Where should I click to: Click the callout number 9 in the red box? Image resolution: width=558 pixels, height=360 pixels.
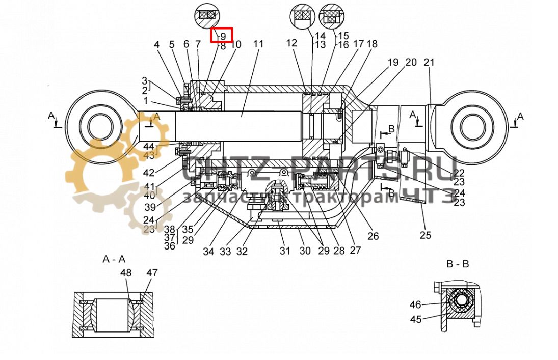[223, 36]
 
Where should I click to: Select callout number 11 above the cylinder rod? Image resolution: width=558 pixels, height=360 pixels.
[258, 44]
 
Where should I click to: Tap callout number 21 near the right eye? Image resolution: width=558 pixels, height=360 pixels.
[429, 63]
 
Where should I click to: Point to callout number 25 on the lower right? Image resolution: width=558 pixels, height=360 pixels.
[426, 235]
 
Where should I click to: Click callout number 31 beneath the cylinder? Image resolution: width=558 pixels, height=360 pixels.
[284, 251]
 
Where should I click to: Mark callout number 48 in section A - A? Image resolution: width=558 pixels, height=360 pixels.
[126, 273]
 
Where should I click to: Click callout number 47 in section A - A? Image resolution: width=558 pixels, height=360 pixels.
[152, 273]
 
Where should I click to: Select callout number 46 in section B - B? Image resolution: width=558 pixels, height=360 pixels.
[416, 304]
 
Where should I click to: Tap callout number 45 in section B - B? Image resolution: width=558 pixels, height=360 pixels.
[416, 319]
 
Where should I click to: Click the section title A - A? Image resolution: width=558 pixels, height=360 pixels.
[114, 259]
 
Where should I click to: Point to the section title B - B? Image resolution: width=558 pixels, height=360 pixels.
[457, 264]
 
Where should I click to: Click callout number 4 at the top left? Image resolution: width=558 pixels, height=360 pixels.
[157, 44]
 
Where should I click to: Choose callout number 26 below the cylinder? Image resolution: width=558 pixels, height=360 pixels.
[374, 236]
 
